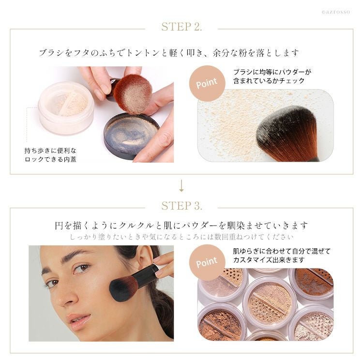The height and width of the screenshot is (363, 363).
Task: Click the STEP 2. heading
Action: click(181, 27)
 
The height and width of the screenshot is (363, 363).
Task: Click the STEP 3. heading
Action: click(181, 206)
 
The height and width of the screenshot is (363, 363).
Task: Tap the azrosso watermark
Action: click(336, 12)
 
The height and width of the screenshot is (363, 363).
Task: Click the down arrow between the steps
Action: click(181, 186)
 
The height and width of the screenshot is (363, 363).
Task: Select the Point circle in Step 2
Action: click(207, 83)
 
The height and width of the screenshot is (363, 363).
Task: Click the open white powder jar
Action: click(66, 107)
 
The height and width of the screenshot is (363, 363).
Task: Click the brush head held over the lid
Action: click(133, 94)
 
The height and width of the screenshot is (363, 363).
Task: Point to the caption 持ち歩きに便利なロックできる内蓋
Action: click(50, 155)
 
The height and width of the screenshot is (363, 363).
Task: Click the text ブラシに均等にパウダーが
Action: click(272, 72)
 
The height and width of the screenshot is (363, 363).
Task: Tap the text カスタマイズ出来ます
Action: click(269, 260)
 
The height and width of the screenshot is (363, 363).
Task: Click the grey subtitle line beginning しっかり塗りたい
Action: click(181, 237)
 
